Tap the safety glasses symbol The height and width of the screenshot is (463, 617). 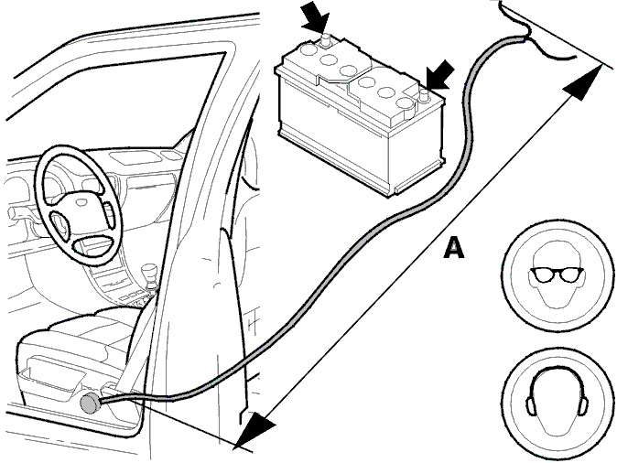[557, 275]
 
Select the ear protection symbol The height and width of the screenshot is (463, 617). [557, 402]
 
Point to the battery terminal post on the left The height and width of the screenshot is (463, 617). [325, 40]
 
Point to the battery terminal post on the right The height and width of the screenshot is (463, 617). [424, 95]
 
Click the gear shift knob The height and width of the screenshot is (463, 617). [148, 272]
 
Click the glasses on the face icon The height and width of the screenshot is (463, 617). [557, 275]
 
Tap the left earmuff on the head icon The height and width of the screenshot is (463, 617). [531, 406]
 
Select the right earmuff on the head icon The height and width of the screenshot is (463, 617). [583, 406]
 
